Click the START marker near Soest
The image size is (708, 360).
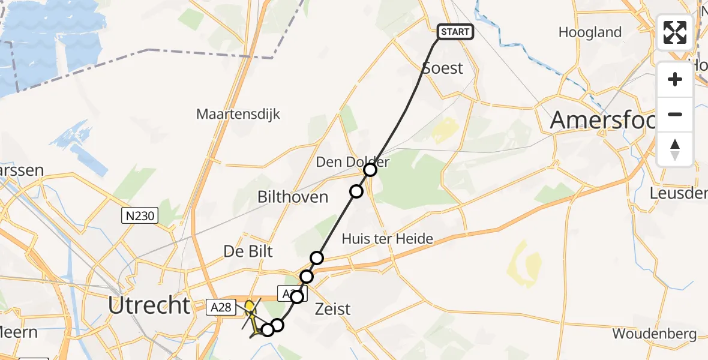click(455, 32)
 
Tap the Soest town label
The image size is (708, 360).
click(443, 68)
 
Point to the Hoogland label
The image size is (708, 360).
click(589, 32)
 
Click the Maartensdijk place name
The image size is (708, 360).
click(238, 114)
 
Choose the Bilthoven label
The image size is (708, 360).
click(293, 197)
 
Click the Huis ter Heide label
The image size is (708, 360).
click(387, 239)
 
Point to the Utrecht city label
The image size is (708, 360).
click(149, 305)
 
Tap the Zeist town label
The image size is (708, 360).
click(333, 310)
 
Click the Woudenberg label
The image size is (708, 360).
click(654, 334)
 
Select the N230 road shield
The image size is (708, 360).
click(139, 216)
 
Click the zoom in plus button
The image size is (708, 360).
click(675, 79)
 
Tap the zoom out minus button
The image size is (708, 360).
click(675, 114)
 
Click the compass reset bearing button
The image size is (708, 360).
click(675, 149)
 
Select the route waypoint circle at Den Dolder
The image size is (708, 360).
click(370, 170)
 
